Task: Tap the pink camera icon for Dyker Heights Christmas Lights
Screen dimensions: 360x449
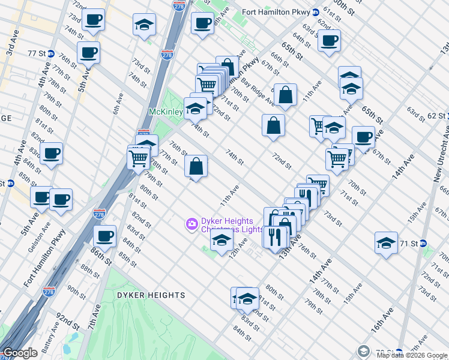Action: coord(191,224)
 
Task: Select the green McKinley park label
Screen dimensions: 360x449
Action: coord(165,112)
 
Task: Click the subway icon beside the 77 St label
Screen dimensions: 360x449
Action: coord(51,53)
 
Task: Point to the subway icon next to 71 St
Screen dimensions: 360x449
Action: coord(422,244)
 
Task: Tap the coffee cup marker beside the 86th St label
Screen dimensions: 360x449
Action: coord(105,235)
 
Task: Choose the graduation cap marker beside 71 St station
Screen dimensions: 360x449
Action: coord(386,242)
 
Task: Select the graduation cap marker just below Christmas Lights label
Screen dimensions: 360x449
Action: coord(221,241)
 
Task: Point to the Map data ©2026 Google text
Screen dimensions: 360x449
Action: coord(411,355)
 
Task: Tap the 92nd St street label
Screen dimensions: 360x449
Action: coord(68,321)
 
